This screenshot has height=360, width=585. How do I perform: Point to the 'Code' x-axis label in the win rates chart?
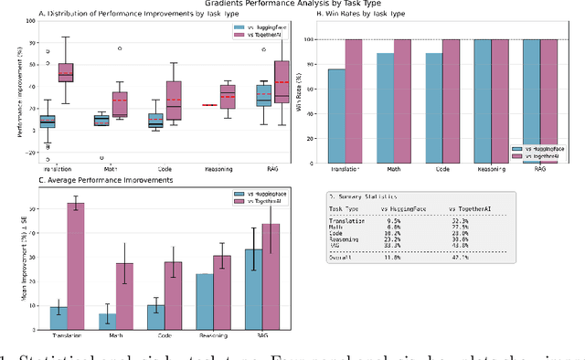click(x=441, y=170)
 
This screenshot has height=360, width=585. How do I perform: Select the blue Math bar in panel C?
click(x=108, y=321)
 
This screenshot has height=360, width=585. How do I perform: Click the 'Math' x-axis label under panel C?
click(x=118, y=337)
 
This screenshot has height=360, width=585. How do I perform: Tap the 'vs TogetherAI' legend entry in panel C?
click(x=263, y=205)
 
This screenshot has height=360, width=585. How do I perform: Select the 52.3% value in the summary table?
click(x=460, y=220)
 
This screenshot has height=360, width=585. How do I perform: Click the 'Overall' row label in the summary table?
click(x=353, y=259)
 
